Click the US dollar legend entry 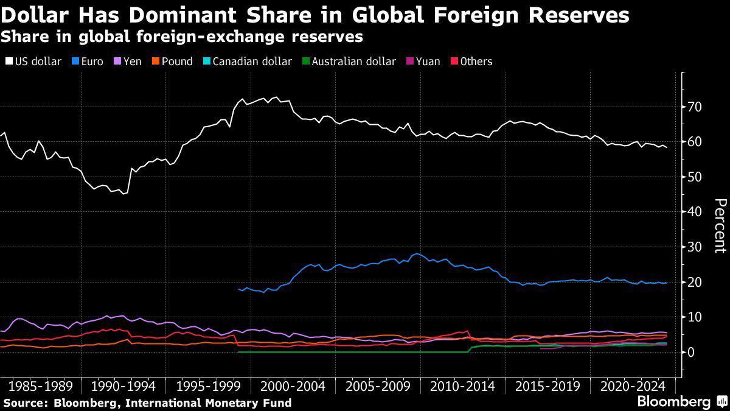(x=33, y=61)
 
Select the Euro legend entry (x=88, y=61)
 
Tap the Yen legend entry (x=127, y=61)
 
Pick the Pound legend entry (x=172, y=61)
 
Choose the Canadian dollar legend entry (x=248, y=61)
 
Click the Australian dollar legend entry (x=349, y=61)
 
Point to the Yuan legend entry (x=423, y=61)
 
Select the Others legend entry (x=471, y=61)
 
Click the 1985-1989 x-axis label (x=40, y=387)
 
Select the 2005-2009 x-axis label (x=378, y=387)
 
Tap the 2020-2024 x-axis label (x=633, y=387)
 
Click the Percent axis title (x=720, y=226)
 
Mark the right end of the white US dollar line (x=667, y=147)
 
